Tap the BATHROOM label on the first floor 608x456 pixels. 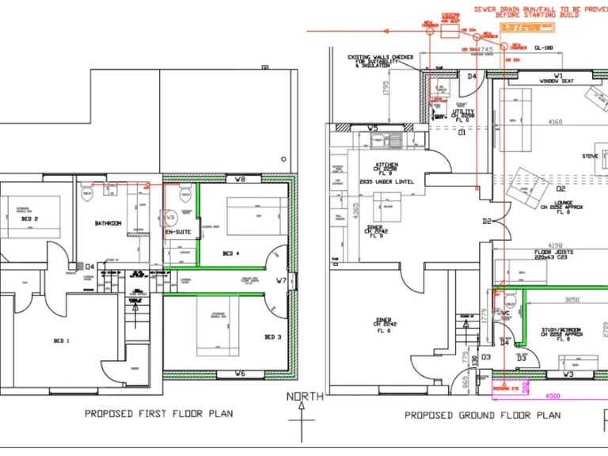(x=108, y=223)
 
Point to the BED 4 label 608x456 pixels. (x=231, y=253)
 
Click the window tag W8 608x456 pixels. (x=241, y=180)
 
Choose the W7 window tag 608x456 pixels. (x=281, y=280)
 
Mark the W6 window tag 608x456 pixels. (x=241, y=373)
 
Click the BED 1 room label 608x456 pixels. (x=61, y=340)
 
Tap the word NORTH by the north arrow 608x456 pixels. (x=305, y=397)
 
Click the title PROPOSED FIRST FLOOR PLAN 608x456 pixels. (x=159, y=413)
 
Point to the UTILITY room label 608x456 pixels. (x=463, y=112)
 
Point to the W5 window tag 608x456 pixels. (x=373, y=127)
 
